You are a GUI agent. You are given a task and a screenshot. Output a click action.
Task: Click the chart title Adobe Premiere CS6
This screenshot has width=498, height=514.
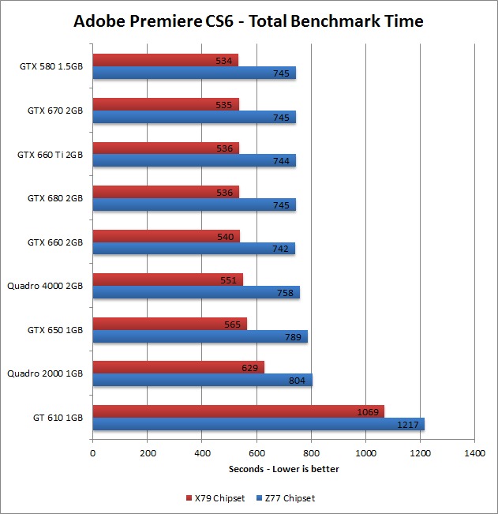pos(249,21)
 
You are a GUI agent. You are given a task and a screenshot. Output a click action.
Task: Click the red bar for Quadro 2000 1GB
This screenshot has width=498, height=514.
pos(178,366)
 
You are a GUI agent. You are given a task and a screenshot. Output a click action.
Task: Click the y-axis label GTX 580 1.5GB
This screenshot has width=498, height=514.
pos(51,66)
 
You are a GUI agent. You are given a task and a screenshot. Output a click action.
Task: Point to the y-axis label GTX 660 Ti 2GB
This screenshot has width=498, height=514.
pos(50,155)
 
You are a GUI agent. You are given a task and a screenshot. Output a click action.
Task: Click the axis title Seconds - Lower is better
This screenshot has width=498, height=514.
pos(284,469)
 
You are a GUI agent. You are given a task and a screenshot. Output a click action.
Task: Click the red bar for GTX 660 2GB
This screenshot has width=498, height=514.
pos(166,235)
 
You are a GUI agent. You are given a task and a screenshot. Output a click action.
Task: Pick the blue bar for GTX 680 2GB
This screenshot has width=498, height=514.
pos(193,204)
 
